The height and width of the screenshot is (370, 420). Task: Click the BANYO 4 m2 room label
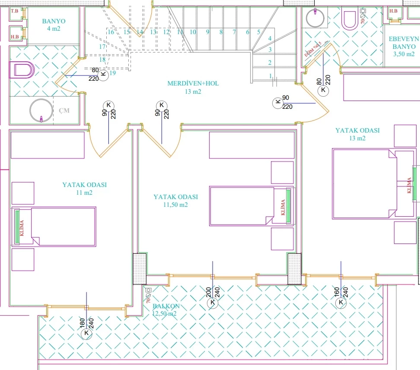(x=54, y=25)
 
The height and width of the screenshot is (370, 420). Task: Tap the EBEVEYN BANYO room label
(x=404, y=47)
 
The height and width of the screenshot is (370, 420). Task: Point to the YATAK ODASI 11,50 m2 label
(x=175, y=200)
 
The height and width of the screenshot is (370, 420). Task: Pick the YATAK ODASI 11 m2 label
(x=84, y=188)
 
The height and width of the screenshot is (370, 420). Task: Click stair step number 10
(x=193, y=32)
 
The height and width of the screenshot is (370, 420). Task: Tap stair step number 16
(x=111, y=32)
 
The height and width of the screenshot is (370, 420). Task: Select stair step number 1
(x=270, y=76)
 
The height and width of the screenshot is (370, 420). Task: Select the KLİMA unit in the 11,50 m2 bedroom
(x=283, y=206)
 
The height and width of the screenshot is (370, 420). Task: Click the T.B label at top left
(x=15, y=11)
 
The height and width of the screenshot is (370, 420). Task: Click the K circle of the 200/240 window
(x=212, y=303)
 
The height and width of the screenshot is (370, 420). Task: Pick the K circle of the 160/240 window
(x=341, y=303)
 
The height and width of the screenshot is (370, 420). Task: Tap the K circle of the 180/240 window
(x=87, y=333)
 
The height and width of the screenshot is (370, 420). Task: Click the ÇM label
(x=64, y=111)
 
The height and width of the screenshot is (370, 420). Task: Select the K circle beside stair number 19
(x=103, y=75)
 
